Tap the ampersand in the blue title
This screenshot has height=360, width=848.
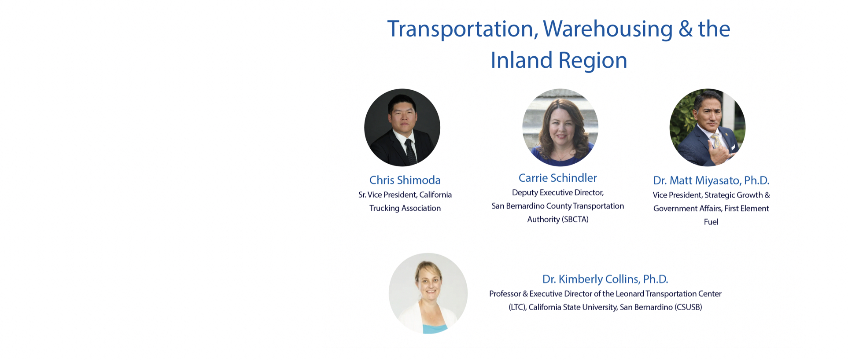click(x=686, y=29)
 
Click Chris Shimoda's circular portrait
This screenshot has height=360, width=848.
click(x=402, y=128)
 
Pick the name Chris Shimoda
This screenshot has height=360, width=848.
click(x=405, y=180)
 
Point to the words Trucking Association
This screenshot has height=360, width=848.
click(x=405, y=208)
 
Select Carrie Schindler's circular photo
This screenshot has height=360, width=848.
click(x=560, y=128)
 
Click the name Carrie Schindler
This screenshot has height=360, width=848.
click(x=558, y=178)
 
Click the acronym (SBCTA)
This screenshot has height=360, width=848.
click(x=575, y=220)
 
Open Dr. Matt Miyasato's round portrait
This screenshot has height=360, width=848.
click(x=708, y=128)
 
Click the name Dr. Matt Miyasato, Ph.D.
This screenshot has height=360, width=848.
click(x=711, y=180)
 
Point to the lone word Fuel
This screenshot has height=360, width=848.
click(x=711, y=222)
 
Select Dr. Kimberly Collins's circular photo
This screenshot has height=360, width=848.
click(x=428, y=293)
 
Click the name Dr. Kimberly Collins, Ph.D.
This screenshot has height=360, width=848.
click(x=605, y=279)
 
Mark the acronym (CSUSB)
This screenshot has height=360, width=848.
click(x=688, y=307)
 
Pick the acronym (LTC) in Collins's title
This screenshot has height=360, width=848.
click(x=517, y=307)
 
